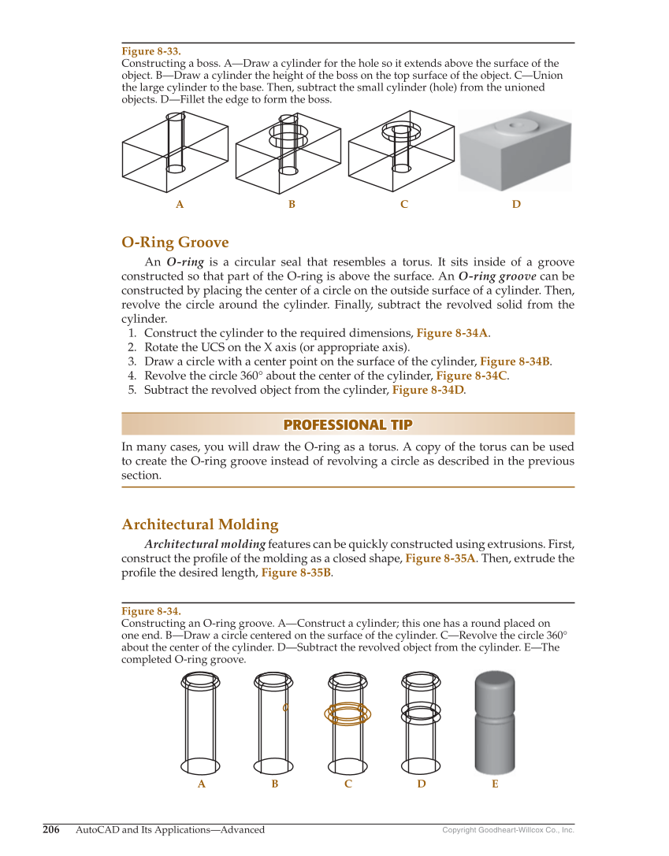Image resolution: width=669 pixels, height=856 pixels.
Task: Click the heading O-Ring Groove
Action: pos(175,242)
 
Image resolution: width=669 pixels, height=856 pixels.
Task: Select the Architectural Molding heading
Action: pos(200,524)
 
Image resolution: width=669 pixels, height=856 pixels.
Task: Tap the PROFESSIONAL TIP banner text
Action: pos(348,424)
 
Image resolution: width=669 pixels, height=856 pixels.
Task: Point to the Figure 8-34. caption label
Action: pos(151,611)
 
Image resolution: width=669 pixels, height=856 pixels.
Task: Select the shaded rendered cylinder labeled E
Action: pos(494,722)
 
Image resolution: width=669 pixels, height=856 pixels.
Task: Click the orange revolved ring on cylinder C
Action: pos(348,713)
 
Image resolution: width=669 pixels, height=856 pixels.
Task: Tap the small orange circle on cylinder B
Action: pos(285,707)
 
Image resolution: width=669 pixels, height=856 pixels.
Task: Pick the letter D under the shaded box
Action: pos(516,205)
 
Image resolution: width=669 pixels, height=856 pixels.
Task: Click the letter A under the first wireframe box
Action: pos(180,205)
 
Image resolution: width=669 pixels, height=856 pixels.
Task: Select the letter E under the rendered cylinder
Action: pos(495,784)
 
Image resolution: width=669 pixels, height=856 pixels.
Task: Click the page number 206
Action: pos(51,829)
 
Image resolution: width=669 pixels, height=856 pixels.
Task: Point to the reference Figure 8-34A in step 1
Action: pos(452,333)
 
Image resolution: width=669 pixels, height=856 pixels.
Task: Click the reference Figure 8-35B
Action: pos(296,573)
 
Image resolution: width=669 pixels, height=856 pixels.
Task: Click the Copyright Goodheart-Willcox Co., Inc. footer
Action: pos(507,830)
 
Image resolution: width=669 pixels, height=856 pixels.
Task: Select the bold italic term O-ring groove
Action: pos(497,276)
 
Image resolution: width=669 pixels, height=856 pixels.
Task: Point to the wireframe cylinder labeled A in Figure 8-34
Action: pos(200,722)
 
